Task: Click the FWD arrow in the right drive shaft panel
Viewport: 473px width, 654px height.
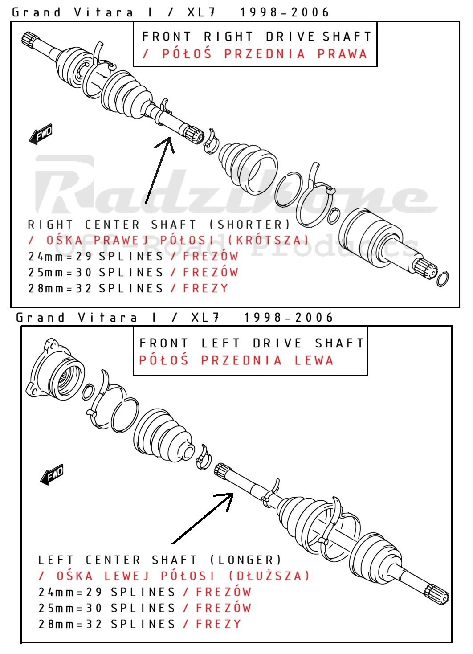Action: [x=41, y=134]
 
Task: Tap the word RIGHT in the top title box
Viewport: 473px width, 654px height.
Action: [x=228, y=37]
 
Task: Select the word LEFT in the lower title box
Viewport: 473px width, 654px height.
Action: [x=220, y=343]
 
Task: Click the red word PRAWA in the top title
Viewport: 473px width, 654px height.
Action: [x=342, y=54]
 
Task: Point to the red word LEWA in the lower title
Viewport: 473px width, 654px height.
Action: [x=314, y=360]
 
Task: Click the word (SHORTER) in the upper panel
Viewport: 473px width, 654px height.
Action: [x=250, y=225]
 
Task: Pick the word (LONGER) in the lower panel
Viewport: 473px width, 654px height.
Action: [x=245, y=560]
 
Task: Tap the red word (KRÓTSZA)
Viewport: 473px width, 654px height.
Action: [x=268, y=240]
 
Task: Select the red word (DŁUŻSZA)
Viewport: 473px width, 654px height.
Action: [x=269, y=576]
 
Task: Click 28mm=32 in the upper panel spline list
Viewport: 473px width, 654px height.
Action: [x=60, y=288]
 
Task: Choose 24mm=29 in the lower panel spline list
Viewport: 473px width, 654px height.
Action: [x=70, y=592]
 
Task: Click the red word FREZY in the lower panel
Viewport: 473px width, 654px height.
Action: [x=218, y=624]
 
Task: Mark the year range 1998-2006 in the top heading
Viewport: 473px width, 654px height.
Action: [x=285, y=12]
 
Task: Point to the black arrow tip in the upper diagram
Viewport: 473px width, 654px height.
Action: [x=168, y=138]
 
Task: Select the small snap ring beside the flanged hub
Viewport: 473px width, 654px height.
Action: [x=88, y=392]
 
